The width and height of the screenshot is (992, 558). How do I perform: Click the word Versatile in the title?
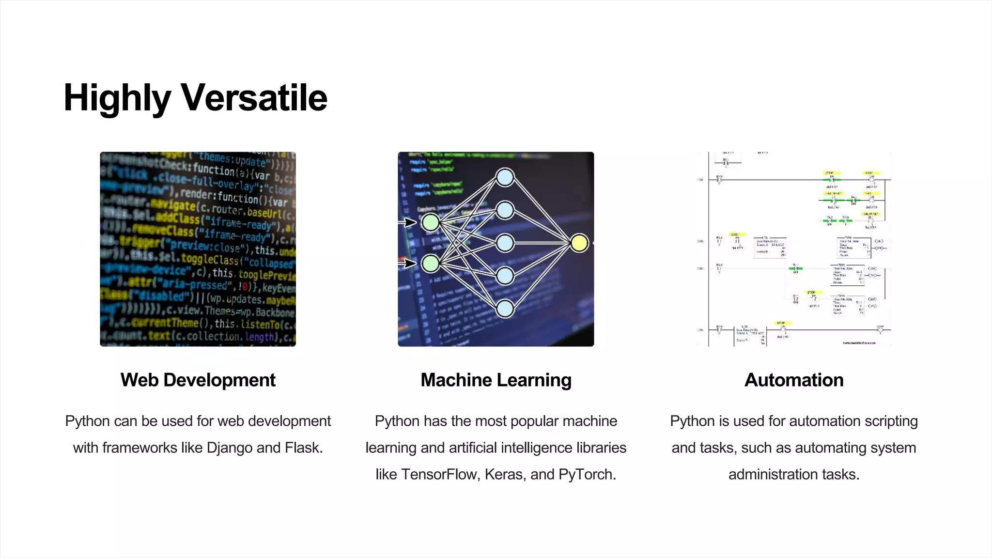coord(254,97)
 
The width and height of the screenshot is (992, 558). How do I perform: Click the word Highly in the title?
coord(117,97)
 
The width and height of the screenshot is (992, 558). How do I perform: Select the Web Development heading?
coord(198,380)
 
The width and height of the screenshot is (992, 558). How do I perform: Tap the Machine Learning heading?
coord(496,380)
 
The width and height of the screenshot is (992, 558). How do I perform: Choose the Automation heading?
coord(794,380)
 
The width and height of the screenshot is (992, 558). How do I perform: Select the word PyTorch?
coord(587,474)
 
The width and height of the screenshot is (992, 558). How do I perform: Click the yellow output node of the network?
coord(579,243)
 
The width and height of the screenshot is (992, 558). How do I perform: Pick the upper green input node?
coord(430,222)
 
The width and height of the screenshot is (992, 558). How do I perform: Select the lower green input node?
coord(430,263)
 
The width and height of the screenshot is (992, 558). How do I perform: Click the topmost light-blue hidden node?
coord(505,177)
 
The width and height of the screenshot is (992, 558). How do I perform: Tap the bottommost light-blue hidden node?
coord(505,309)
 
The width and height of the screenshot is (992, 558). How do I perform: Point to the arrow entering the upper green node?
coord(408,222)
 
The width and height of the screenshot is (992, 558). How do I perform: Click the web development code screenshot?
coord(198,249)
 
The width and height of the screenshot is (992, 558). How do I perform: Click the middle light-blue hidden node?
coord(505,243)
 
